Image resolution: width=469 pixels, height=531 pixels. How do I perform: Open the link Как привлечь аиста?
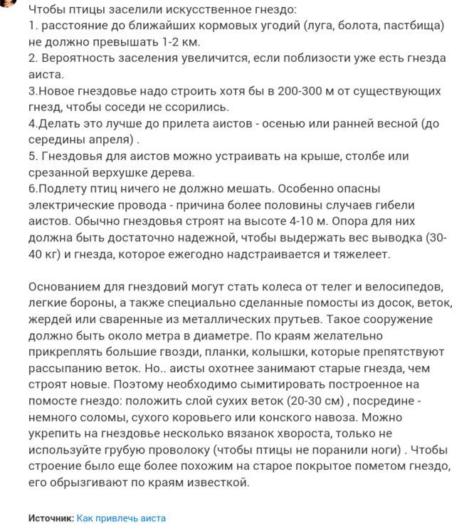tap(121, 518)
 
